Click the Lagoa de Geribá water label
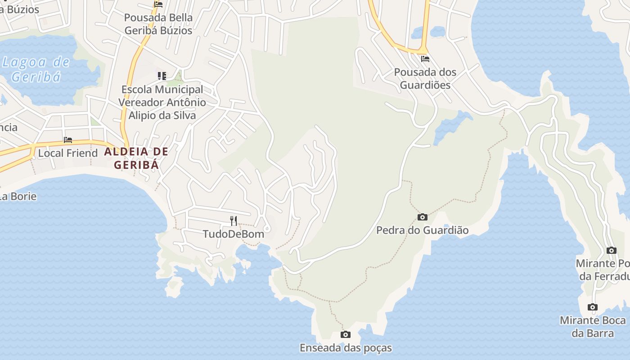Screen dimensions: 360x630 (x=36, y=69)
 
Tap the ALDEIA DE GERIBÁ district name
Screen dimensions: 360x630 (x=136, y=158)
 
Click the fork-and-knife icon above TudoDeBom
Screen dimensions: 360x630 (x=234, y=220)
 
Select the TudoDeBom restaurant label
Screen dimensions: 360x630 (x=233, y=234)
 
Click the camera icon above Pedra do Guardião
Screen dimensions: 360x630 (x=422, y=217)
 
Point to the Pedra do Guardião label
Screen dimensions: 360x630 (x=422, y=230)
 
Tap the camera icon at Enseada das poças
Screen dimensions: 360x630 (x=346, y=335)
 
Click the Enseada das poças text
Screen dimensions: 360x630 (x=346, y=348)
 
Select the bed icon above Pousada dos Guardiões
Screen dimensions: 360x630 (x=425, y=59)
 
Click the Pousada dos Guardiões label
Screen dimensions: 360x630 (x=422, y=78)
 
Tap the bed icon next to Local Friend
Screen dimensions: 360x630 (x=68, y=140)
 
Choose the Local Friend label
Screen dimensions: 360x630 (x=67, y=153)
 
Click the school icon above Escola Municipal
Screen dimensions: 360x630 (x=162, y=76)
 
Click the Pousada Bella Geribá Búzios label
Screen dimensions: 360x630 (x=158, y=24)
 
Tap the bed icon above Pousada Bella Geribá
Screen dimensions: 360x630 (x=158, y=4)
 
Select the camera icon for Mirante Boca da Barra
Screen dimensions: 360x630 (x=593, y=307)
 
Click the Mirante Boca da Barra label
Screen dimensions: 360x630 (x=593, y=327)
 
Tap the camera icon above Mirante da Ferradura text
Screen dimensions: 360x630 (x=611, y=251)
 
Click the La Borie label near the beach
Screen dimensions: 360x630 (x=18, y=196)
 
